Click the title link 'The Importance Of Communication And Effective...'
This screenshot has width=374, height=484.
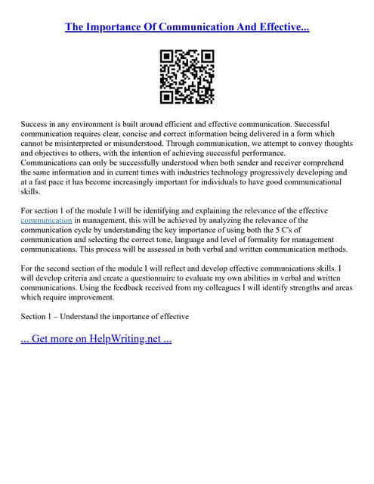[187, 27]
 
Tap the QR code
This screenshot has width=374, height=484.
[187, 76]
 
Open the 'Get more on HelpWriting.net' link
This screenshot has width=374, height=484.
[97, 339]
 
